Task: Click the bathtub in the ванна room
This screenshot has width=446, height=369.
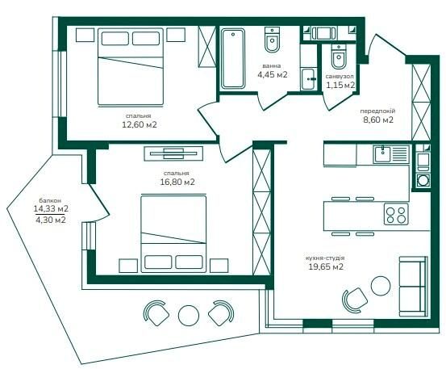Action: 233,58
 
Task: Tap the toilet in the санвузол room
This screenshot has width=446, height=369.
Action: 339,57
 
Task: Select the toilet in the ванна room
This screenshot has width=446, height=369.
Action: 273,40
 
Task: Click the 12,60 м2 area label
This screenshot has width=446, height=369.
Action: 140,124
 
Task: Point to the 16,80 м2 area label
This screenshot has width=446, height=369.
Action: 177,182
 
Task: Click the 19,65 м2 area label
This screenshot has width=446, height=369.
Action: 326,266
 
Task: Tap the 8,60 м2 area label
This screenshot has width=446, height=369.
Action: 378,120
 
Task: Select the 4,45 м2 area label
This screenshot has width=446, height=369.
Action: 273,74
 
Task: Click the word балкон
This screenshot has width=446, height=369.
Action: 50,200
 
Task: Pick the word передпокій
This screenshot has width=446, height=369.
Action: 377,111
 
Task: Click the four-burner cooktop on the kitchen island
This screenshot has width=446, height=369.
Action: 396,214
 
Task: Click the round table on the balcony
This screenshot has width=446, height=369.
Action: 189,316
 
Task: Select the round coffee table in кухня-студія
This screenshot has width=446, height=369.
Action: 381,286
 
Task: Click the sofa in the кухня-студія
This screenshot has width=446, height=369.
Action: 413,287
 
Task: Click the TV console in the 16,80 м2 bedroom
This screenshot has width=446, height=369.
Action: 173,153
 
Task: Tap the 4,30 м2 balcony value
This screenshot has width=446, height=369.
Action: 51,220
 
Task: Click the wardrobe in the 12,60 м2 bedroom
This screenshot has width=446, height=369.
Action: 207,47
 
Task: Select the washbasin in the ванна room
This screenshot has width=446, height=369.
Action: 308,79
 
